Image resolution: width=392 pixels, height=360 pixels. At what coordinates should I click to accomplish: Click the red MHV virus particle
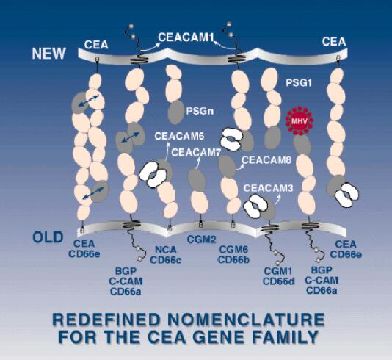[300, 121]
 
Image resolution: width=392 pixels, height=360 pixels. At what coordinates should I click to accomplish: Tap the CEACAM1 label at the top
[186, 37]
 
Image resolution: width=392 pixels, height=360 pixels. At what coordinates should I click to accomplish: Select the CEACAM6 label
[180, 136]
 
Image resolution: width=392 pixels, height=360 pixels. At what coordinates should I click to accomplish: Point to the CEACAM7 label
[196, 152]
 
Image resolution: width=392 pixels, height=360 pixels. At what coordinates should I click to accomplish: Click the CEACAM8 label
[266, 160]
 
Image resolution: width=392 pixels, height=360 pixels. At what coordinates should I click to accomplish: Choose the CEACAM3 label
[268, 188]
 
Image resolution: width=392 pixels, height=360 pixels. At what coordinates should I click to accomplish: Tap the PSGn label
[200, 111]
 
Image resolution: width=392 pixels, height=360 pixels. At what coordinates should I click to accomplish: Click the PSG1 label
[299, 83]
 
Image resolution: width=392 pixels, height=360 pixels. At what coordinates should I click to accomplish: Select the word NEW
[48, 54]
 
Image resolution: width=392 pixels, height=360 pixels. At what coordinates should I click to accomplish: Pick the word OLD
[48, 237]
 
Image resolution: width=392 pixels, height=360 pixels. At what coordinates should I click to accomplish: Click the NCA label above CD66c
[166, 250]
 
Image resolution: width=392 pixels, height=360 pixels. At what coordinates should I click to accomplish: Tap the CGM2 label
[201, 240]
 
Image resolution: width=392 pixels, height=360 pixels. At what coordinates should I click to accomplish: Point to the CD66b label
[233, 259]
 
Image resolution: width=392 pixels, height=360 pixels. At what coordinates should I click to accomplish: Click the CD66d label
[278, 281]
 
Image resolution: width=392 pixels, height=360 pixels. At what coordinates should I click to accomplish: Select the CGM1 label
[278, 271]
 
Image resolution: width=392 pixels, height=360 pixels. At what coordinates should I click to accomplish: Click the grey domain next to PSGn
[175, 112]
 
